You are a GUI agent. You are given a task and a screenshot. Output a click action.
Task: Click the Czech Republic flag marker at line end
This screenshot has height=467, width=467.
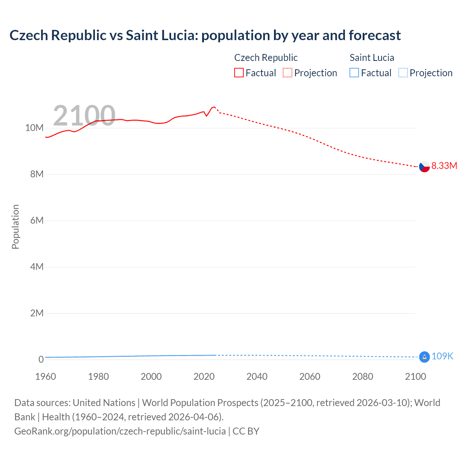coord(424,166)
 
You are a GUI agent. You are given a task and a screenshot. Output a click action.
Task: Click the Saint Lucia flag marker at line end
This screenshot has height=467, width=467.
coord(424,357)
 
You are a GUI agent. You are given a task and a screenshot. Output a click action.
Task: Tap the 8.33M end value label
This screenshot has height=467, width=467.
coord(444,166)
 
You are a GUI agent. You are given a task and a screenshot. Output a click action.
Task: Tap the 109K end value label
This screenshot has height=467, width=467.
coord(442,356)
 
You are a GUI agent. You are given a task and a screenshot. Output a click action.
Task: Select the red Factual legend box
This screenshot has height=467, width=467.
coord(239,73)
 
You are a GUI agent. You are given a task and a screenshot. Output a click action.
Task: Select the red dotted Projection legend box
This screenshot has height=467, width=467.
coord(287,73)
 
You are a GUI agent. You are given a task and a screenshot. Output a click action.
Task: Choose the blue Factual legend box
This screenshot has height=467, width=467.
coord(354,73)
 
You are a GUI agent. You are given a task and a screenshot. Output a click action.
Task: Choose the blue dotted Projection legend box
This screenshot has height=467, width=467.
coord(403,73)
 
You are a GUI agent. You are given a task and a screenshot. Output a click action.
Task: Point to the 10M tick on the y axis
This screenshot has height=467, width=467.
coord(35,128)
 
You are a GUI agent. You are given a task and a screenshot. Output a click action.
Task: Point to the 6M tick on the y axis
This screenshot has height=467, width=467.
coord(37,220)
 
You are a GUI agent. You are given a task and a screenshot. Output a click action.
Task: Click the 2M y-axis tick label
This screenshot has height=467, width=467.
coord(37,313)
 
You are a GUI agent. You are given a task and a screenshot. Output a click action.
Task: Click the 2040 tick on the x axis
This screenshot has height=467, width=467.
coord(257,377)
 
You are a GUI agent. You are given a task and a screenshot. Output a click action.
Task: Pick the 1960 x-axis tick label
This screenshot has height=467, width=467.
coord(46,377)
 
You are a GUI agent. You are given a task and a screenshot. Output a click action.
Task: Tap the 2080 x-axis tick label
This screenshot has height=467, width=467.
coord(363,377)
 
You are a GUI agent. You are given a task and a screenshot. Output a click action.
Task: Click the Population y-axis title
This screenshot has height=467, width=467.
coord(15,227)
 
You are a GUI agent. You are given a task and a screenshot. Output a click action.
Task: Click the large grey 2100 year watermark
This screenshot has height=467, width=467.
coord(84,115)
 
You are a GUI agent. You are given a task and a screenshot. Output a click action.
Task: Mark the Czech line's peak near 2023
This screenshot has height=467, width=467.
coord(214,107)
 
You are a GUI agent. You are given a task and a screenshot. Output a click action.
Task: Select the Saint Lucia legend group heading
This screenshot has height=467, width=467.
coord(372,58)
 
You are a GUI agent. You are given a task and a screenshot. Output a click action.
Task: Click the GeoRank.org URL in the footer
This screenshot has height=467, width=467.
coord(120,431)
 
